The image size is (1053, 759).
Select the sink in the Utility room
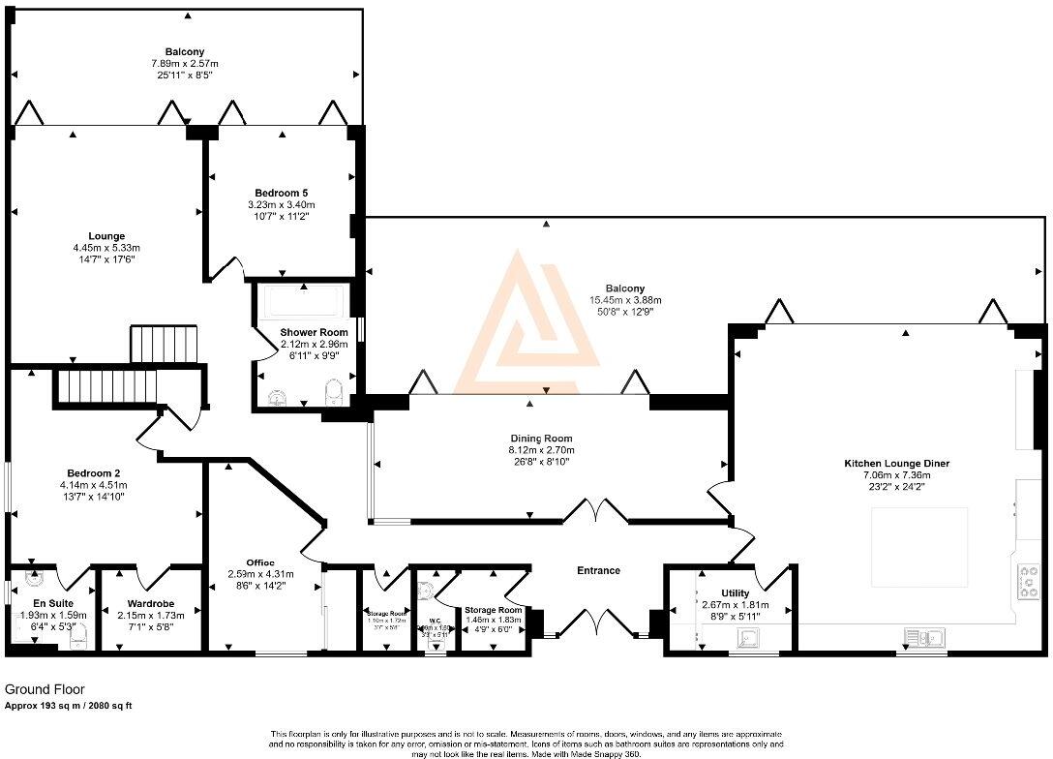pyautogui.click(x=747, y=638)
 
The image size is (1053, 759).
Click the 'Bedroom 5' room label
pyautogui.click(x=282, y=192)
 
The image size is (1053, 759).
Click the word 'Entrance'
pyautogui.click(x=598, y=570)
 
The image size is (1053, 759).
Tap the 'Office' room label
pyautogui.click(x=259, y=562)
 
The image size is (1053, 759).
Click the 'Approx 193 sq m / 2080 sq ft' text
pyautogui.click(x=69, y=706)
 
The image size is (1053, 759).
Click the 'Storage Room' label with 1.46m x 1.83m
pyautogui.click(x=494, y=610)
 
